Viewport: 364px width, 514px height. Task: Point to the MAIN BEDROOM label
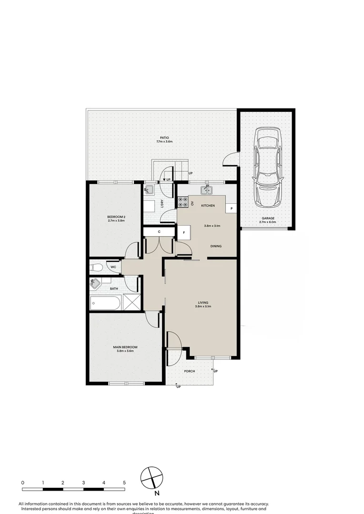(x=125, y=347)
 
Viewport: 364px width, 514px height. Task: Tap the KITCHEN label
(x=208, y=206)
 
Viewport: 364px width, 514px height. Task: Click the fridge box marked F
(x=183, y=233)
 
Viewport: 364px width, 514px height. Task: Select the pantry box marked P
(x=232, y=208)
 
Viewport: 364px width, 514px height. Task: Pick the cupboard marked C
(x=159, y=232)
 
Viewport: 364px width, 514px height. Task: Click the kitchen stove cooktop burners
(x=182, y=202)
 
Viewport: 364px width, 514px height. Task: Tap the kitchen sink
(x=207, y=190)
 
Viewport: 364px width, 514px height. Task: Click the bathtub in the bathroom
(x=105, y=303)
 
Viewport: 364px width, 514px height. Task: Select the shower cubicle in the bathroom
(x=131, y=302)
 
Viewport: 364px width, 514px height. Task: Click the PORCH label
(x=190, y=372)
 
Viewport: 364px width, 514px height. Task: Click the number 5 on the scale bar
(x=124, y=483)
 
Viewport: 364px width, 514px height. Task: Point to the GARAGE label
(x=267, y=218)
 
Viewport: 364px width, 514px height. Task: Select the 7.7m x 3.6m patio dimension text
(x=164, y=142)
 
